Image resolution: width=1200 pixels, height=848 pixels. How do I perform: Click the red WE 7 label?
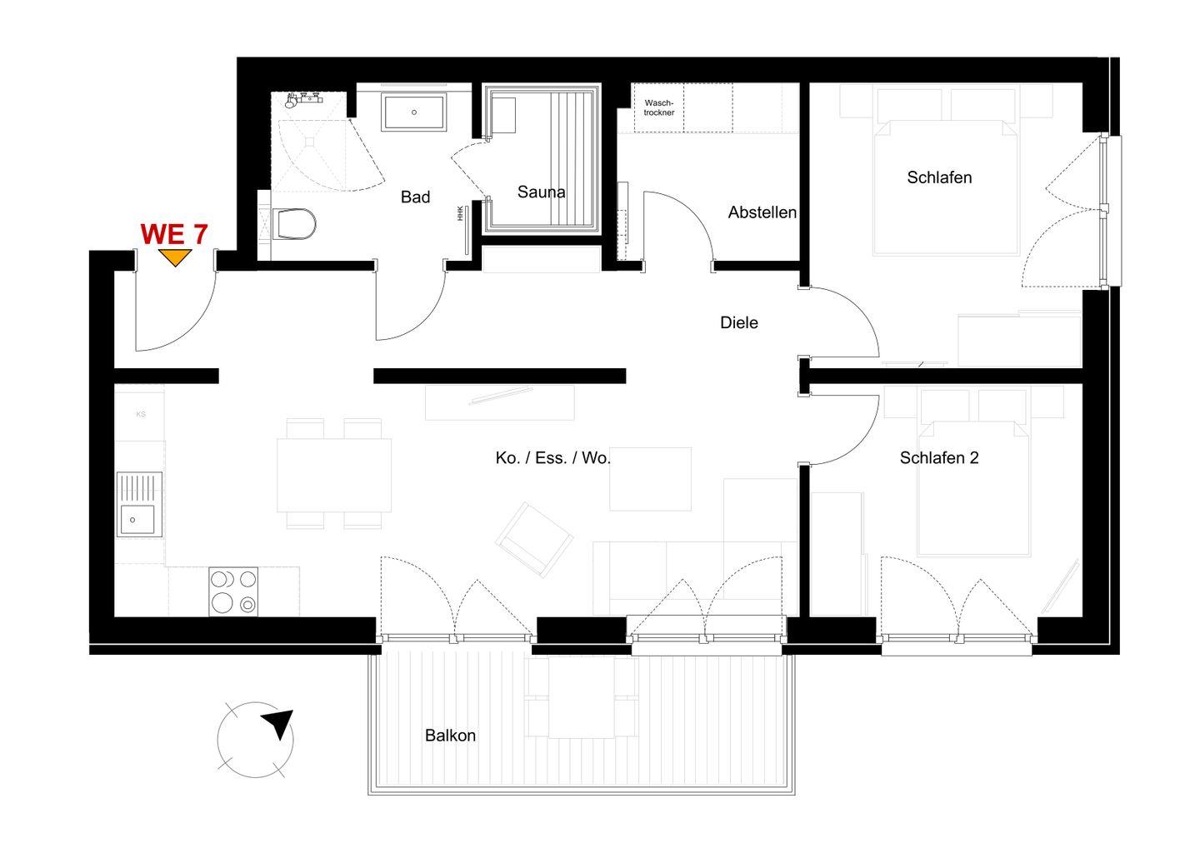[174, 234]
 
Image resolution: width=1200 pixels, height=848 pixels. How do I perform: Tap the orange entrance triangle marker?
[175, 257]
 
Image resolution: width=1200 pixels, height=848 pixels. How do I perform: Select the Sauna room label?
[541, 192]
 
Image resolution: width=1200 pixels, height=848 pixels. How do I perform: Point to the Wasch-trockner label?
[659, 107]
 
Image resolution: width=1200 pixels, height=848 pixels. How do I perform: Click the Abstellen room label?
[762, 212]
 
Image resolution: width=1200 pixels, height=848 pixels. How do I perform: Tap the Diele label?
[738, 322]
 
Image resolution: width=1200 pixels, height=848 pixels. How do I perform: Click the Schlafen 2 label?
[939, 457]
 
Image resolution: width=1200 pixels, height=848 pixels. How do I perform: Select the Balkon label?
[450, 735]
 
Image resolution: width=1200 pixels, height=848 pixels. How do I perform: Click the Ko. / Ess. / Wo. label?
[552, 457]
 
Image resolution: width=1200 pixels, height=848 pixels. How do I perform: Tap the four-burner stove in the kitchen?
[233, 591]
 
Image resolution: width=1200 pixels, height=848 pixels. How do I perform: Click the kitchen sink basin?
[137, 520]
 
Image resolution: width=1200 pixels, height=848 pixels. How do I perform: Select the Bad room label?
[415, 197]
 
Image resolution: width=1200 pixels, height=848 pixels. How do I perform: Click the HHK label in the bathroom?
[460, 213]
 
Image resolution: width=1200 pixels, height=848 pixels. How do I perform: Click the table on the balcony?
[582, 697]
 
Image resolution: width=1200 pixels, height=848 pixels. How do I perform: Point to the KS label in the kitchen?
[141, 414]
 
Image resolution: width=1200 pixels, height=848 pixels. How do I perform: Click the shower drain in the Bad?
[309, 142]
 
